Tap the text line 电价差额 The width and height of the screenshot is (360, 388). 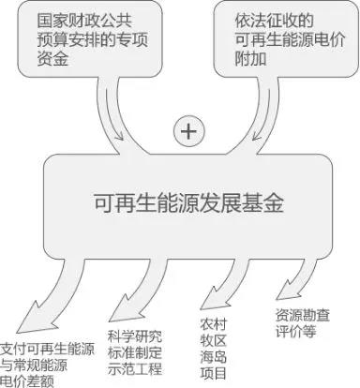(x=28, y=381)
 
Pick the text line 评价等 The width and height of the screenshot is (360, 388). (x=293, y=332)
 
